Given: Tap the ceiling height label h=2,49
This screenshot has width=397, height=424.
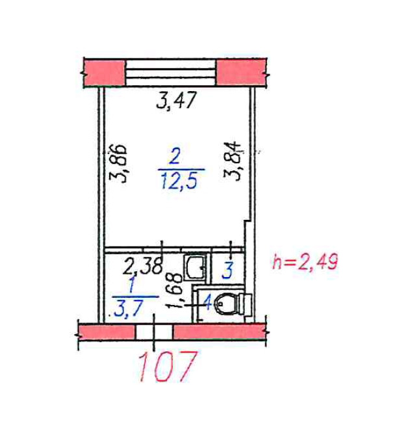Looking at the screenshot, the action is click(305, 261).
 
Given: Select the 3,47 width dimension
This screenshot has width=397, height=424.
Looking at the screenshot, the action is click(176, 100).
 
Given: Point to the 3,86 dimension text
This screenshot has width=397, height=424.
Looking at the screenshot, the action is click(118, 164).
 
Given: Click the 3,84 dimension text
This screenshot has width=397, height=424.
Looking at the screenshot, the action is click(232, 161).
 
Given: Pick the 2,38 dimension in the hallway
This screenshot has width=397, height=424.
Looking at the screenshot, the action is click(143, 266).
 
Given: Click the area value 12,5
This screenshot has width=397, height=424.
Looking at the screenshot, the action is click(179, 181).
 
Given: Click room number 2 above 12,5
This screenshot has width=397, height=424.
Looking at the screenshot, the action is click(174, 157).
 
